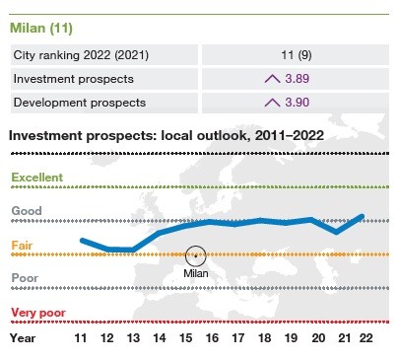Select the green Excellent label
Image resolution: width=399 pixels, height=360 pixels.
coord(36,178)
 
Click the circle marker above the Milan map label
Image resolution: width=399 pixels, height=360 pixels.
coord(196,255)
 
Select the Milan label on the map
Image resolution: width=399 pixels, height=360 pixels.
coord(196,272)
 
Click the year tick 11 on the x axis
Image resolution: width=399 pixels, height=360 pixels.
coord(81,337)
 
